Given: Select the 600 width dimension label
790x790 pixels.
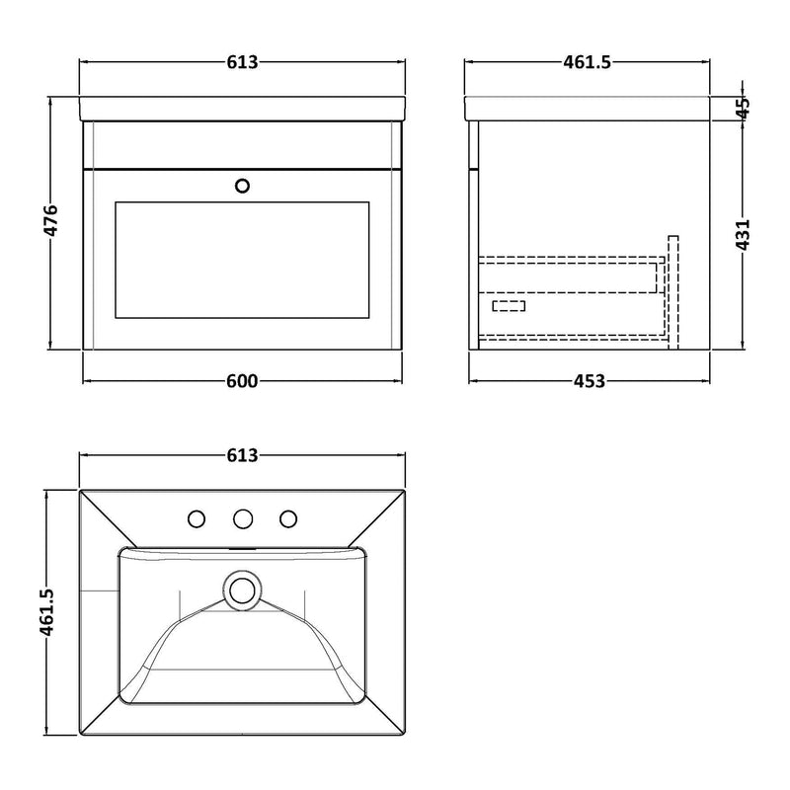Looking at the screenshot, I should [242, 382].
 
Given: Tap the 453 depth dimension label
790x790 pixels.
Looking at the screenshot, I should [589, 382].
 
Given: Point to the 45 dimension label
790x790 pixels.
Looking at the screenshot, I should [744, 107].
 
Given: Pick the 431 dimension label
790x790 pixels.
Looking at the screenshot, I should [744, 234].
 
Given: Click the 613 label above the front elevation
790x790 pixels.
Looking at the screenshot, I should [242, 62].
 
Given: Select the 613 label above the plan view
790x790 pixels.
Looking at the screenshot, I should [242, 455].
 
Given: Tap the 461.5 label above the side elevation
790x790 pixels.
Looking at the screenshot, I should [589, 62].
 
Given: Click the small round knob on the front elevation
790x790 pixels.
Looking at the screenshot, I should [243, 185].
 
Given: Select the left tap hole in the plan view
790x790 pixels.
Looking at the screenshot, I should [197, 517].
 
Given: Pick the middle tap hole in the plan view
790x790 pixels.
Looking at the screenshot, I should [242, 517].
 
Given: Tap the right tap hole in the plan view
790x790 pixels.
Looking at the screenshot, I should [288, 517].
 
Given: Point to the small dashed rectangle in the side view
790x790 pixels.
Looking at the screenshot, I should [509, 306].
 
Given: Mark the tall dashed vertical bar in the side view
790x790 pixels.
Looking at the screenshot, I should [673, 291].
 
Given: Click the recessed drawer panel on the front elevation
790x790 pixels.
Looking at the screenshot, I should [242, 262].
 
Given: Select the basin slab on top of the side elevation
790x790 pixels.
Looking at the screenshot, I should [589, 109].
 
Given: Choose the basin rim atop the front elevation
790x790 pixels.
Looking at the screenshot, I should [242, 109].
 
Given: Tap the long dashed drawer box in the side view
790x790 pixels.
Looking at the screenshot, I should [569, 276].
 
